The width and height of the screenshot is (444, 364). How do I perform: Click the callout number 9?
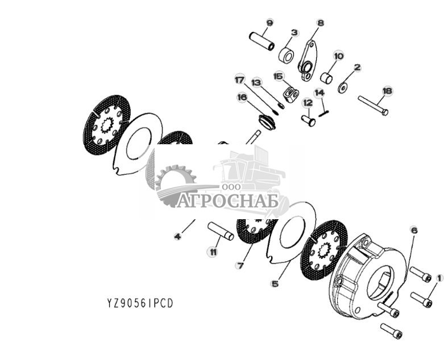pyautogui.click(x=269, y=22)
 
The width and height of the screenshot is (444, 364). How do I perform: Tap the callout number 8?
pyautogui.click(x=320, y=23)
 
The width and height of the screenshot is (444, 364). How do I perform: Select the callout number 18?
pyautogui.click(x=387, y=91)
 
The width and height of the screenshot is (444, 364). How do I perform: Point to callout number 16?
pyautogui.click(x=242, y=98)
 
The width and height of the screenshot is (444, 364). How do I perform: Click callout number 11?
pyautogui.click(x=213, y=252)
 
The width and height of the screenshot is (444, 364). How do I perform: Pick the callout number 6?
pyautogui.click(x=414, y=231)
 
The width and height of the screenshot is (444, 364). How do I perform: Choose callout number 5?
pyautogui.click(x=275, y=284)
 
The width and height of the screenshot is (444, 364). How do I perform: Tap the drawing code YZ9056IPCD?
pyautogui.click(x=140, y=303)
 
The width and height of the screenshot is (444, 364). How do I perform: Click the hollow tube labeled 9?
pyautogui.click(x=262, y=41)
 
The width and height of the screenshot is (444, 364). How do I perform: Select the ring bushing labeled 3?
pyautogui.click(x=287, y=56)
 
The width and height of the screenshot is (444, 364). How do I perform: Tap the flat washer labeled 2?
pyautogui.click(x=343, y=88)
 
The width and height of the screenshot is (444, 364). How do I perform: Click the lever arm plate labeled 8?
pyautogui.click(x=306, y=61)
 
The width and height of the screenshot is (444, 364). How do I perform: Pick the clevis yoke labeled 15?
pyautogui.click(x=291, y=94)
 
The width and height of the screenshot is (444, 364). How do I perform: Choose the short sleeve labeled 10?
pyautogui.click(x=326, y=78)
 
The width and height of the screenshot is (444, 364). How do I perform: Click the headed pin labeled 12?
pyautogui.click(x=308, y=121)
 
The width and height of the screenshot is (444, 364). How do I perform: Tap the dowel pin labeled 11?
pyautogui.click(x=221, y=231)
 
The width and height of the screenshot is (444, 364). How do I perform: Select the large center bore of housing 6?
pyautogui.click(x=380, y=283)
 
